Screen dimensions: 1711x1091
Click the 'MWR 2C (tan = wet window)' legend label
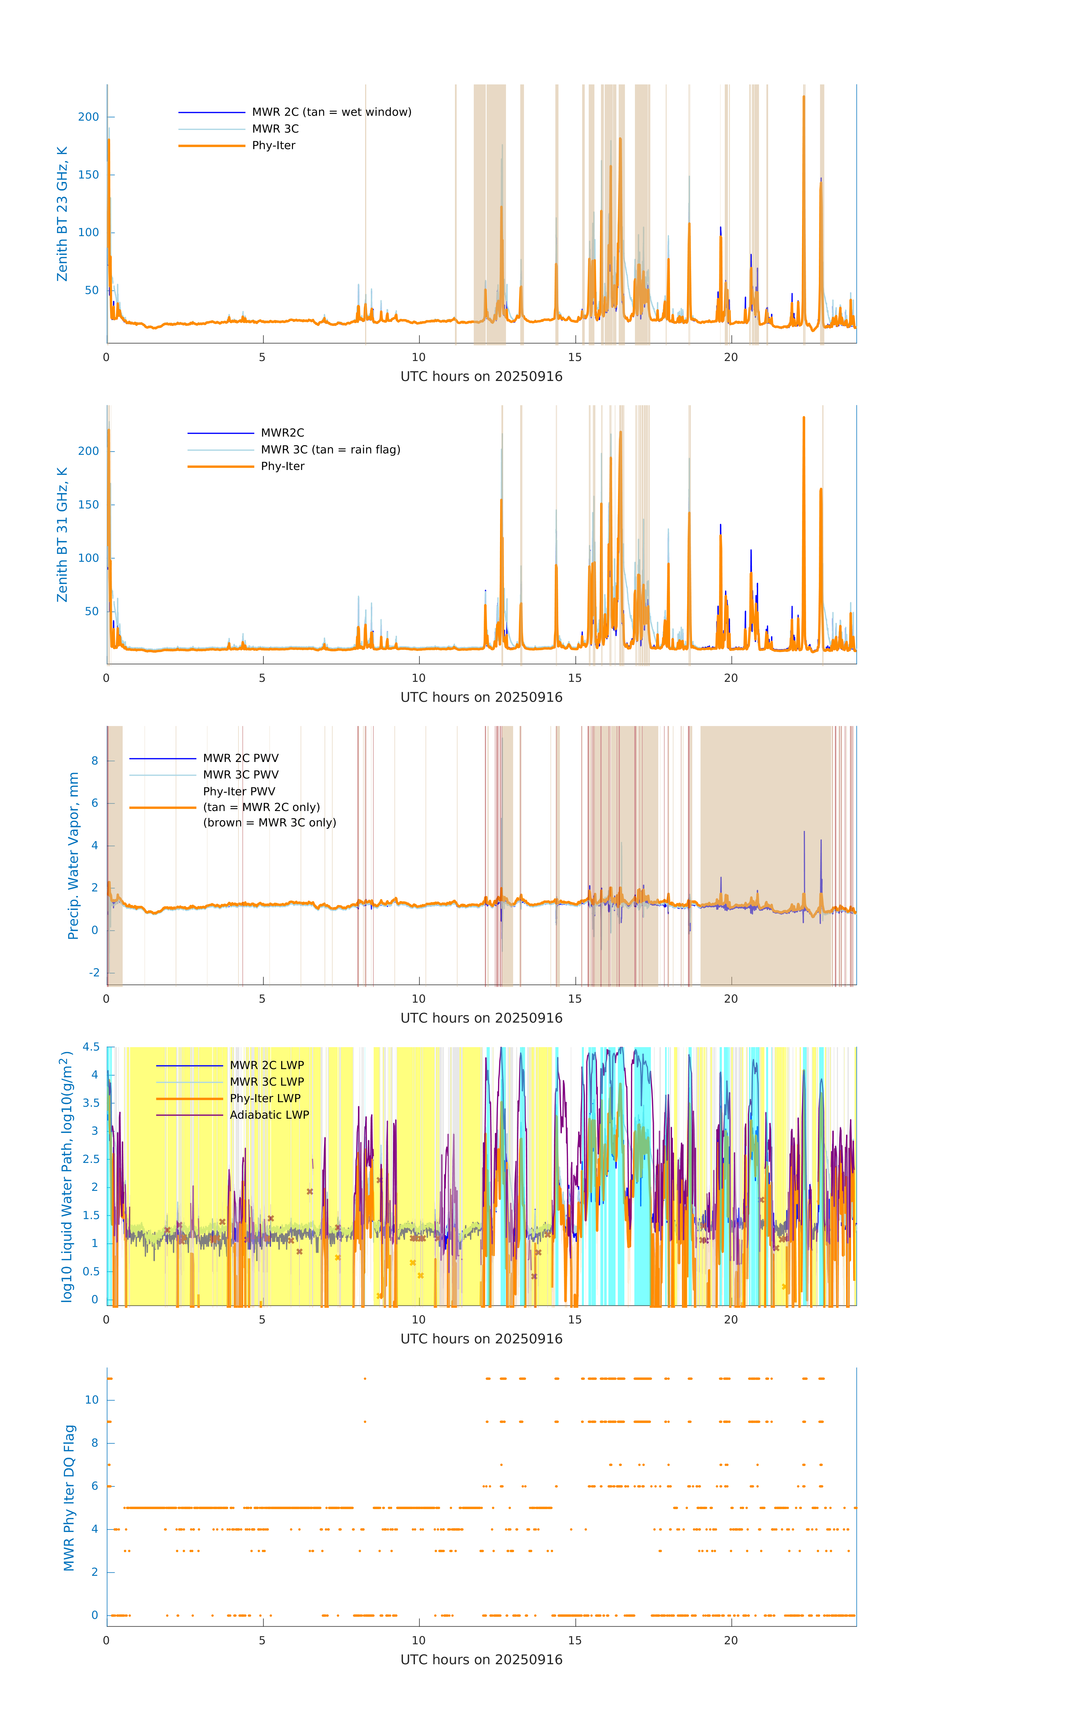pos(331,112)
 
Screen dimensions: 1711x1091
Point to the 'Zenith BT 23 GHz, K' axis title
pos(62,214)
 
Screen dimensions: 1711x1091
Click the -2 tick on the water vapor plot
pos(94,973)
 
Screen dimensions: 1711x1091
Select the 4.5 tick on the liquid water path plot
pos(91,1047)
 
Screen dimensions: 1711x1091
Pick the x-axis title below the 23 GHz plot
pos(481,377)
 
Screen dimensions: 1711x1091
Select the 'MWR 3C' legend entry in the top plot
pos(275,129)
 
